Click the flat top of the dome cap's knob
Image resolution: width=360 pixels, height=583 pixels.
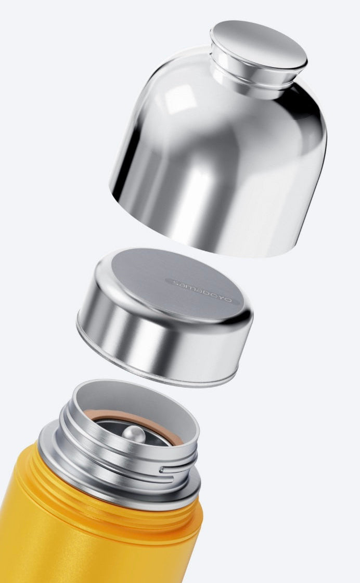(x=259, y=44)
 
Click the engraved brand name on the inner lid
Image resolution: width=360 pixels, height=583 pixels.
(x=203, y=291)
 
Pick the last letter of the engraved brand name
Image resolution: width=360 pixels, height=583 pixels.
(x=233, y=300)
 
